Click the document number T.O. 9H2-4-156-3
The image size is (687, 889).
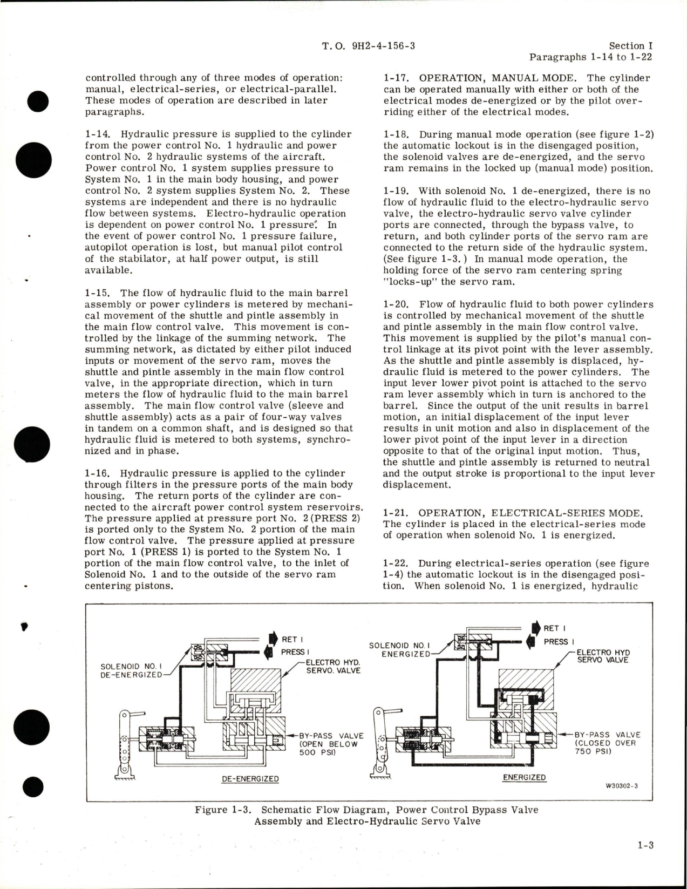click(368, 46)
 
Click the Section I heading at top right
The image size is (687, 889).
click(626, 46)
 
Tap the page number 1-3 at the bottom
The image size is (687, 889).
click(644, 845)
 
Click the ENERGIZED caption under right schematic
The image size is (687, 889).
click(524, 777)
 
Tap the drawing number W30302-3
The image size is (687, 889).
click(622, 785)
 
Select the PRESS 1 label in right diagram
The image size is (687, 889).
click(555, 641)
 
